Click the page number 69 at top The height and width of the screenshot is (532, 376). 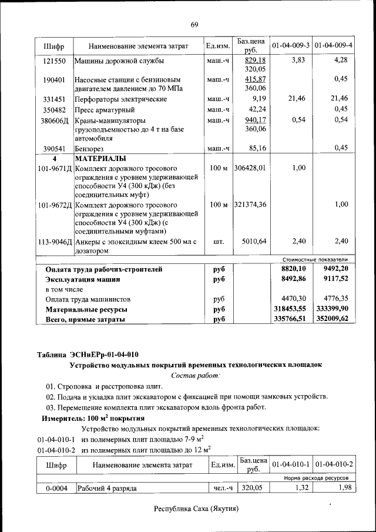click(x=195, y=24)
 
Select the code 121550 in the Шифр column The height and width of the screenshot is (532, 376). click(x=54, y=61)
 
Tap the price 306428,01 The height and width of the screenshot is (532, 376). click(x=250, y=168)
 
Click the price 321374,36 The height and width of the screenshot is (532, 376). click(x=250, y=205)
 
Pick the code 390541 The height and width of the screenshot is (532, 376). click(x=54, y=148)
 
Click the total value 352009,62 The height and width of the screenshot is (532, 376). click(x=333, y=319)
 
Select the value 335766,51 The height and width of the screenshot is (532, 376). click(x=290, y=319)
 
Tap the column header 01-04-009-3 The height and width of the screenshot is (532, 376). click(x=291, y=45)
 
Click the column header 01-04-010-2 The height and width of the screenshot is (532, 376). click(x=334, y=464)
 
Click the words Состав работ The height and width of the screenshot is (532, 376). click(x=195, y=375)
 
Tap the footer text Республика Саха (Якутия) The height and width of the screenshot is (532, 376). click(x=196, y=508)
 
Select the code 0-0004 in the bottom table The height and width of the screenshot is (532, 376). click(x=57, y=488)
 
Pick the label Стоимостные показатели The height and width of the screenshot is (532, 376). click(x=315, y=259)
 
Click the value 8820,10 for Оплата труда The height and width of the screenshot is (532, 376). click(x=290, y=269)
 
